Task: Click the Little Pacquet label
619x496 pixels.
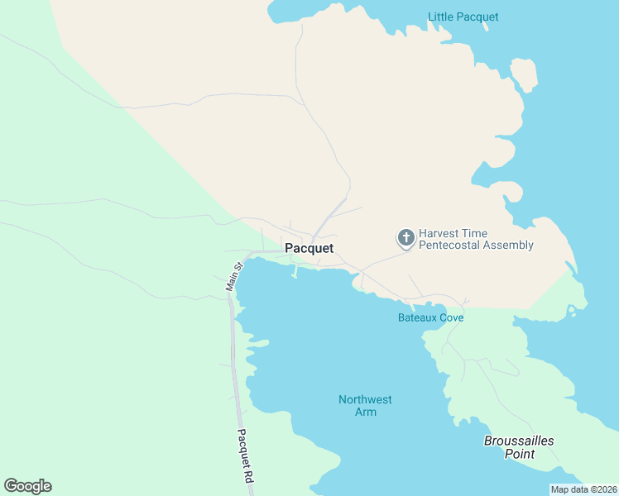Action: pos(463,17)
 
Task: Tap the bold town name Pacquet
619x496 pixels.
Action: pos(309,248)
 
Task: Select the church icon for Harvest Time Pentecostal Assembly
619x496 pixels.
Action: pos(405,238)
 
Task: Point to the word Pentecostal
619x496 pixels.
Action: pos(458,246)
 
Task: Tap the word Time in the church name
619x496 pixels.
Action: pos(482,233)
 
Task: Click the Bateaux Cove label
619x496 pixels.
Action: pos(430,317)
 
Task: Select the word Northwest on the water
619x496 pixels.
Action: pos(365,400)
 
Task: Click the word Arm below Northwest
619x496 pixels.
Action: pos(365,412)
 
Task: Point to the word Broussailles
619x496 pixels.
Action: pos(519,441)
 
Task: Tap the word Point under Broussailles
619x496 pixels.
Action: pos(519,454)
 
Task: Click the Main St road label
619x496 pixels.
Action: pos(233,277)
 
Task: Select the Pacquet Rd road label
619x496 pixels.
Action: pos(244,456)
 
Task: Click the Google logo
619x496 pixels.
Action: pos(28,486)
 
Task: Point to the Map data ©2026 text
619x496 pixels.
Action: pos(584,489)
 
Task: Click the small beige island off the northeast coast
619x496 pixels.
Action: pos(524,74)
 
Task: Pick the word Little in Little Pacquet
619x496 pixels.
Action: pos(440,17)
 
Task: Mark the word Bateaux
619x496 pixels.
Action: pos(416,317)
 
